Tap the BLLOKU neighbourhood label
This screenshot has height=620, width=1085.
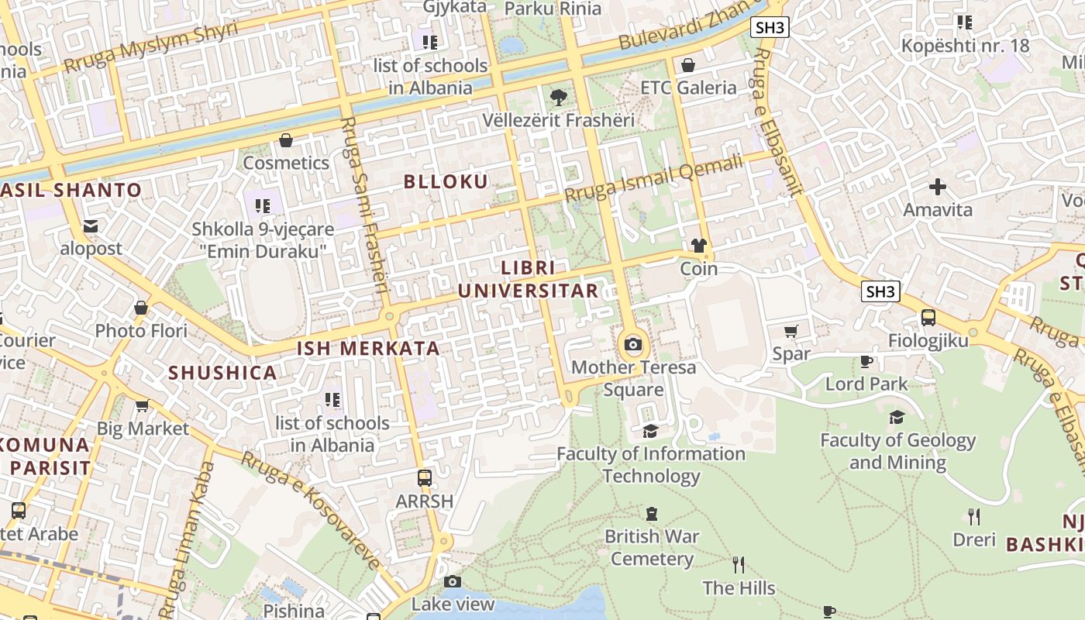pos(446,181)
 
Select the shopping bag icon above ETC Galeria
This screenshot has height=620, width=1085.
pos(687,65)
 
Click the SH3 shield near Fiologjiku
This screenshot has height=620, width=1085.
pos(881,291)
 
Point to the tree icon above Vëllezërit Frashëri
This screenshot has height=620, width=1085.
pos(557,98)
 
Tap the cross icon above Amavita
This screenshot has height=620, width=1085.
pos(938,187)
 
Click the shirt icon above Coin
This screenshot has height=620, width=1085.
pos(698,246)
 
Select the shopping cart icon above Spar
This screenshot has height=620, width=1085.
pos(790,332)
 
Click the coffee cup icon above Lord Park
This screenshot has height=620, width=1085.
pos(866,361)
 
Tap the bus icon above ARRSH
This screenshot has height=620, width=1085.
pos(424,478)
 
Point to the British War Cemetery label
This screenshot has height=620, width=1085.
pos(652,547)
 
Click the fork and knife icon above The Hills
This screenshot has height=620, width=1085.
pos(738,565)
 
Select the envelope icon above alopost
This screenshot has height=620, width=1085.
pos(91,226)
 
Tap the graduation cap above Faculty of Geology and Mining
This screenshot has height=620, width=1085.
pos(897,418)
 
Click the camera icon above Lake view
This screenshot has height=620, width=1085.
pos(453,581)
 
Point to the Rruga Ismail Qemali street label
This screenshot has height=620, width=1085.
pos(653,179)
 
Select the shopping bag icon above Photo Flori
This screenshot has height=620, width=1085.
pos(141,308)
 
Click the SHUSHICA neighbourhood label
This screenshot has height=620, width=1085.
pos(222,373)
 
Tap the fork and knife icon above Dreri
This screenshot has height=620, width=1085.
pos(973,517)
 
